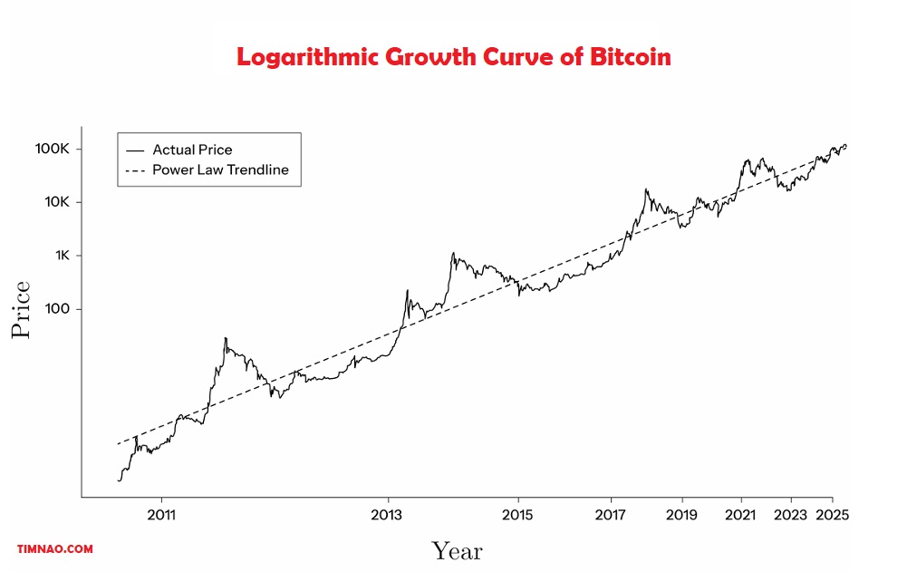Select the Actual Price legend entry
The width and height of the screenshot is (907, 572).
(192, 150)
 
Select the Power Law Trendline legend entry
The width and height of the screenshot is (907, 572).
(220, 170)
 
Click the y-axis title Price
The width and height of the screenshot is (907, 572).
(21, 310)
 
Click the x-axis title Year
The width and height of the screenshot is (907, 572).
(456, 550)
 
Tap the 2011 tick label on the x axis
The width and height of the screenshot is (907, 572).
(160, 514)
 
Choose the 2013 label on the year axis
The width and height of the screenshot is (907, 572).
(389, 514)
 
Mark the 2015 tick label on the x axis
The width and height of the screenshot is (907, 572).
(518, 514)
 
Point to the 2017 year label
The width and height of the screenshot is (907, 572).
(611, 514)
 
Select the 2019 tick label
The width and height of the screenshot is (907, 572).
(681, 514)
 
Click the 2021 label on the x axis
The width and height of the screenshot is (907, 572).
(741, 514)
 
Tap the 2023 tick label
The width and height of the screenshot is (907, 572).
(791, 514)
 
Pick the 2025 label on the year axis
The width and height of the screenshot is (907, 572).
(833, 514)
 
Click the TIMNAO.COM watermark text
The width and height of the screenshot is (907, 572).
(55, 549)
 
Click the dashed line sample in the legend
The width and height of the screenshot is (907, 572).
(135, 170)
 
